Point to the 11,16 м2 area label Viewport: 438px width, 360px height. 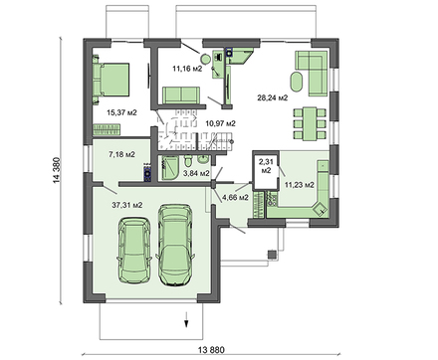187,69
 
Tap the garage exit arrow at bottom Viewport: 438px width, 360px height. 185,319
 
